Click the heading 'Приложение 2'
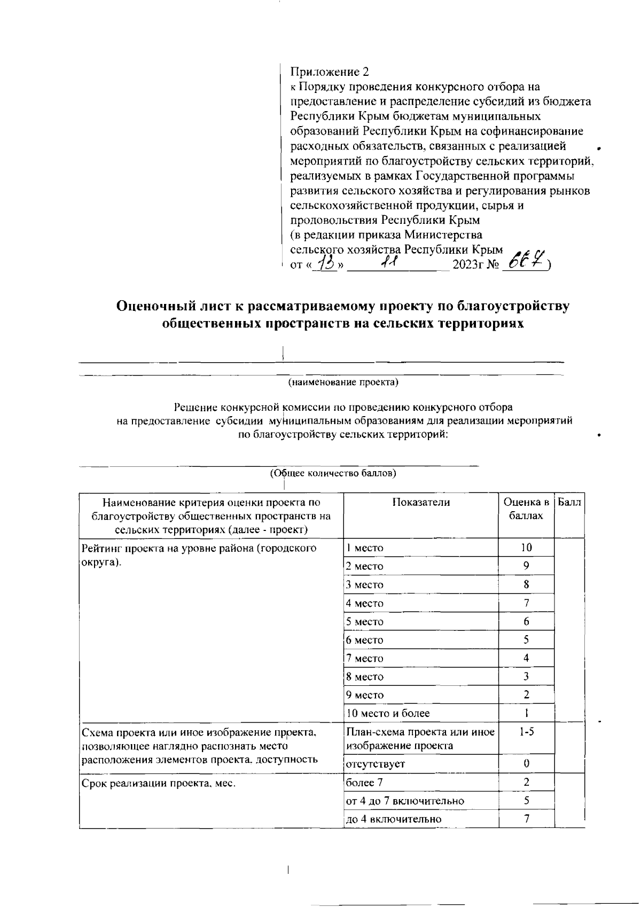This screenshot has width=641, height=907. point(329,72)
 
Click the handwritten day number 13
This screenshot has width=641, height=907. point(325,263)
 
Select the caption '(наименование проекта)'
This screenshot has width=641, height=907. point(343,382)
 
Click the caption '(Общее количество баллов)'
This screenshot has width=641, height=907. point(333,473)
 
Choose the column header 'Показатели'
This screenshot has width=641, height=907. point(421,502)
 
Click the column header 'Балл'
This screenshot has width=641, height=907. point(569,502)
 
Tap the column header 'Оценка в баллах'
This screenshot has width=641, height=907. point(526,509)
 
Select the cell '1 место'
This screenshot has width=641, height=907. point(365,548)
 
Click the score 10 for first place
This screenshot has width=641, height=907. point(526,547)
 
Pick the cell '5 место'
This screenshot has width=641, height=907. point(365,622)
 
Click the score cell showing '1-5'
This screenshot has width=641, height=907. point(526,732)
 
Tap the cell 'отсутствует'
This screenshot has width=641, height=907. point(375,764)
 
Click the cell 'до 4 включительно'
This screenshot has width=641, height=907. point(394,819)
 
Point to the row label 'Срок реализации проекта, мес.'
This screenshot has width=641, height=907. point(159,784)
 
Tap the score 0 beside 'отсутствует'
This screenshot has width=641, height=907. point(526,764)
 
